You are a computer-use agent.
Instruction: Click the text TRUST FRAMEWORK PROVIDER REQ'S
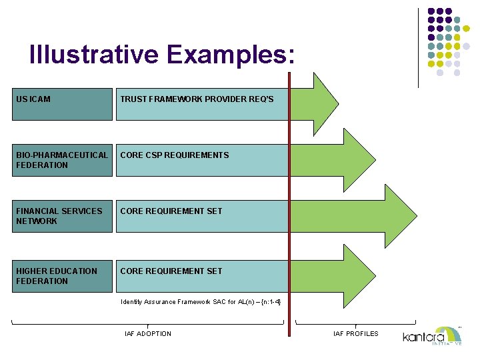tap(197, 99)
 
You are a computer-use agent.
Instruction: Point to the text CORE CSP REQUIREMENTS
tap(175, 155)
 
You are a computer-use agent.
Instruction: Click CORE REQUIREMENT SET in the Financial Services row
tap(171, 211)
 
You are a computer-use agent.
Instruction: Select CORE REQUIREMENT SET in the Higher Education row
tap(171, 271)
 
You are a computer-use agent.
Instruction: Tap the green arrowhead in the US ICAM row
tap(320, 104)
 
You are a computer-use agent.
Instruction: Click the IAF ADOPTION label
tap(148, 333)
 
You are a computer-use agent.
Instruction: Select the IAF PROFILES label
tap(355, 333)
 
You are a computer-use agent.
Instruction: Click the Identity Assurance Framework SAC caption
tap(201, 302)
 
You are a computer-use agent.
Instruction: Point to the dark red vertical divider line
tap(289, 200)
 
